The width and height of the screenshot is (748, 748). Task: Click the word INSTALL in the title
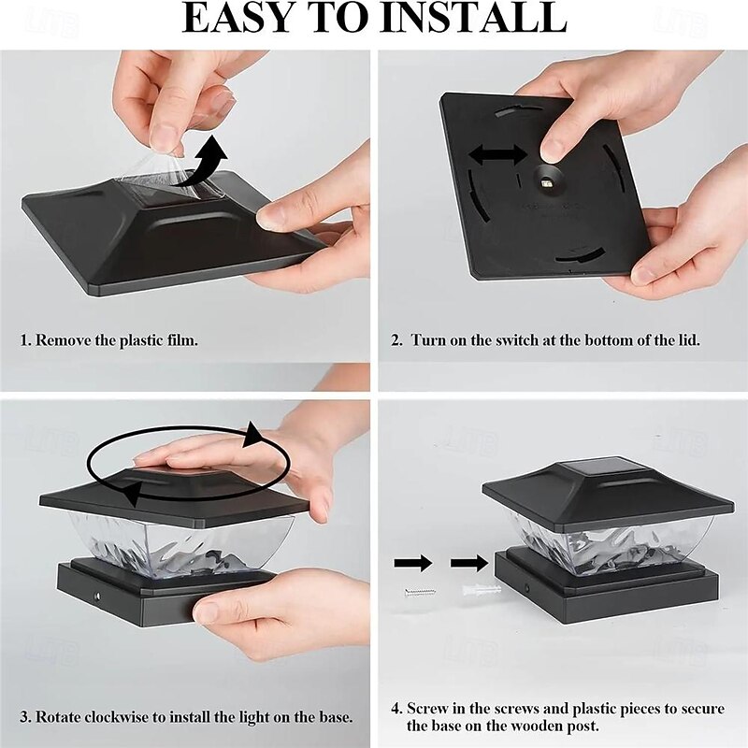(x=474, y=18)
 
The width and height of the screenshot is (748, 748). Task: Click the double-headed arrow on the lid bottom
(x=498, y=155)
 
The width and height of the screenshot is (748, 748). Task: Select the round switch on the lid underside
(x=547, y=180)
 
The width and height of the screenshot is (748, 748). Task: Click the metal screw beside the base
(x=420, y=593)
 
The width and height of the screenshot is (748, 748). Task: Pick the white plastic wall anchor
(x=482, y=591)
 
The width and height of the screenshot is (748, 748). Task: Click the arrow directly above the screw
(x=413, y=564)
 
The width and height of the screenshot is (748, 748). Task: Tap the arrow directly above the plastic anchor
(x=469, y=564)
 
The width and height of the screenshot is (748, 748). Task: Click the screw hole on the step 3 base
(x=97, y=597)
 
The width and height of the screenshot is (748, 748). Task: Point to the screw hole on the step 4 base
(x=527, y=587)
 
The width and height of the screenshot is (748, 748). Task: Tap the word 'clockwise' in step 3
(x=112, y=717)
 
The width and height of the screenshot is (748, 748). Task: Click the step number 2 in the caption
(x=396, y=340)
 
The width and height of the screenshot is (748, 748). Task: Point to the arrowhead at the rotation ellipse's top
(x=252, y=435)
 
